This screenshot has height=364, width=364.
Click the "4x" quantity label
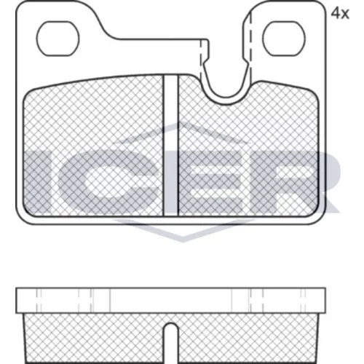[x=340, y=14]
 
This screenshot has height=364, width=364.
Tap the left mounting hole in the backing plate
[x=58, y=39]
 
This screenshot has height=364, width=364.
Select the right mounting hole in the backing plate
[x=284, y=39]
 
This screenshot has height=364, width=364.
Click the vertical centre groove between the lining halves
[x=171, y=146]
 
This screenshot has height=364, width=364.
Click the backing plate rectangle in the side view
[x=171, y=301]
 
